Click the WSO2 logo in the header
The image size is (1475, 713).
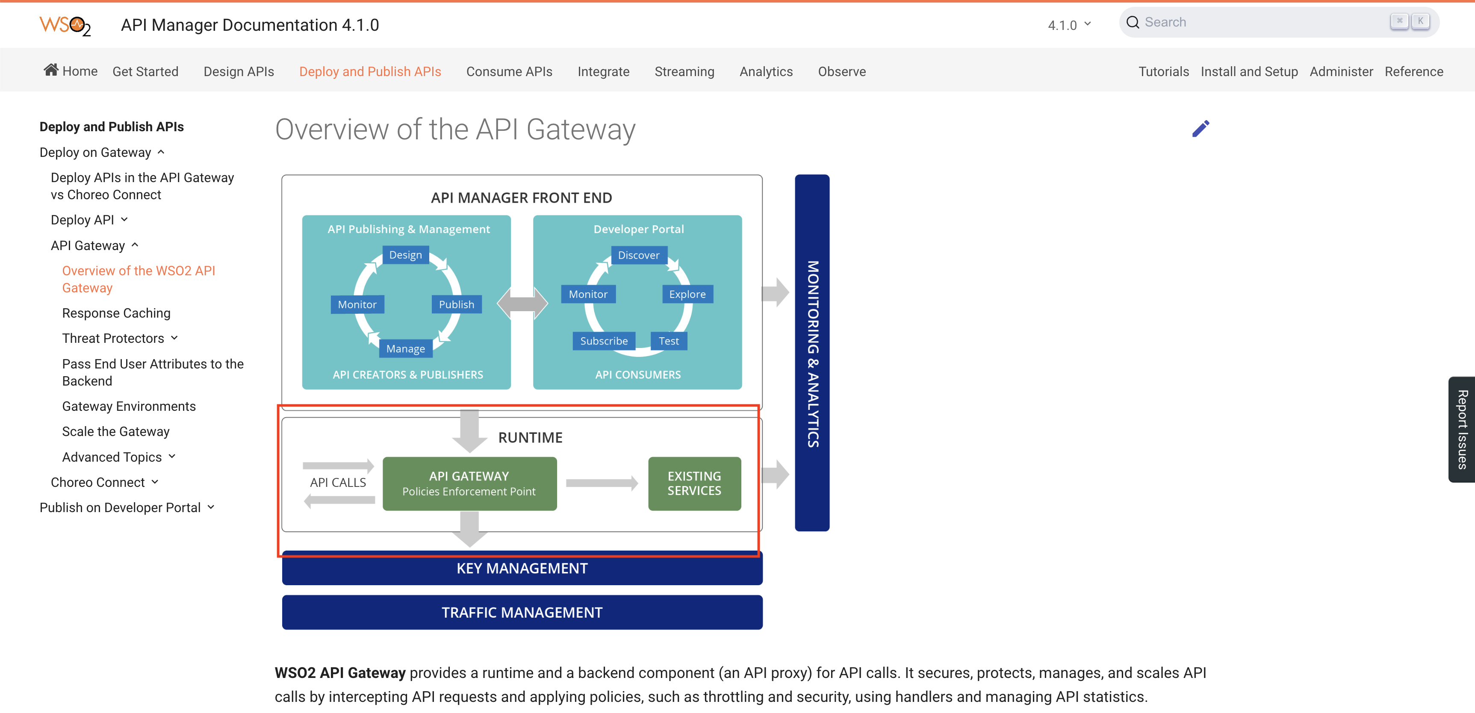(65, 25)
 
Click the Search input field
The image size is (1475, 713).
(1260, 22)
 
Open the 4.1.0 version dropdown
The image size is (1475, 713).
(1068, 25)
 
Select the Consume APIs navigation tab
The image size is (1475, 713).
(509, 71)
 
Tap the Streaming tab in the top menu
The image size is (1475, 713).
(684, 71)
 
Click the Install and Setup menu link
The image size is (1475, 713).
(1249, 71)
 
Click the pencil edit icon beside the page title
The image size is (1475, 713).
(1200, 129)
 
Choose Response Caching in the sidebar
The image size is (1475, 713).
(116, 313)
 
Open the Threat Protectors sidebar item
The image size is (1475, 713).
(113, 339)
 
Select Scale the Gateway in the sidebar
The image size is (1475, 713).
(116, 431)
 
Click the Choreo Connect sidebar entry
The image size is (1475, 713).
(98, 482)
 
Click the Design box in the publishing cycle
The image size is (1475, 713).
(405, 255)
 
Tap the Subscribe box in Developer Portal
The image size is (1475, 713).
(604, 341)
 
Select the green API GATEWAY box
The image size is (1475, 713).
(469, 483)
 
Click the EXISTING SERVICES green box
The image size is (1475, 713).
(694, 483)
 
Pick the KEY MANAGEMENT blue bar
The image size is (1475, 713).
(522, 569)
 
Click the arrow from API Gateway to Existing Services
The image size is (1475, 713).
(601, 483)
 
